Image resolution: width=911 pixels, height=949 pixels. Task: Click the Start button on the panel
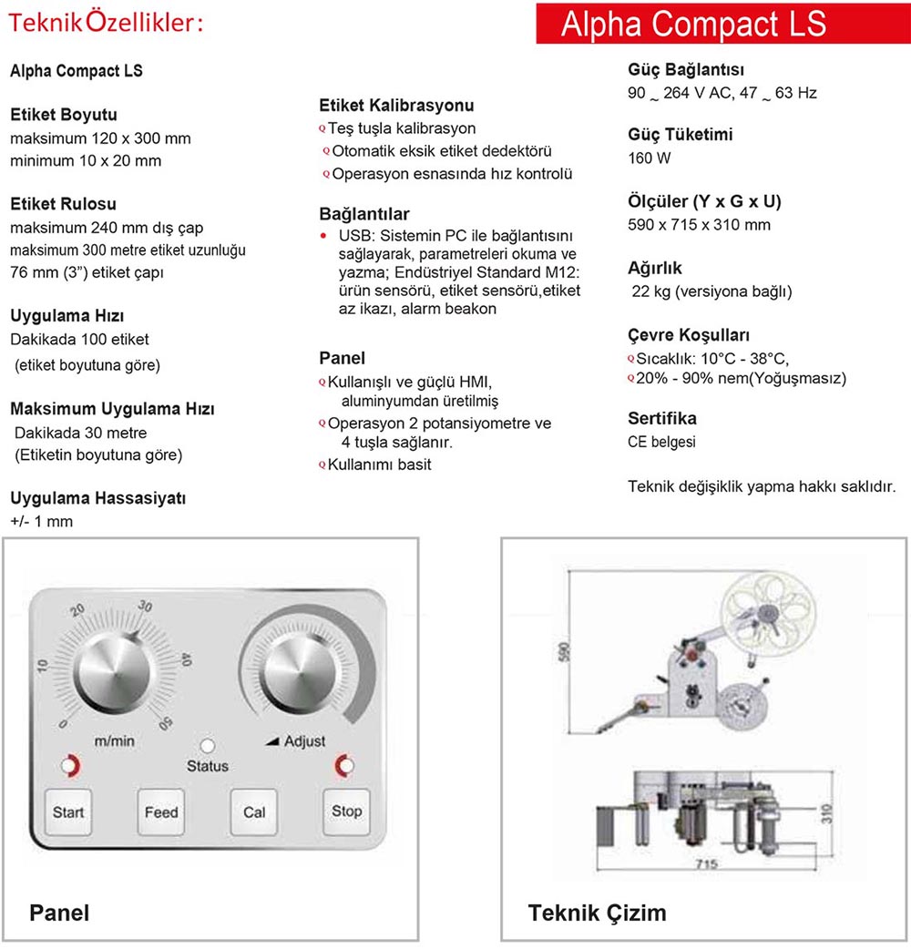pyautogui.click(x=68, y=811)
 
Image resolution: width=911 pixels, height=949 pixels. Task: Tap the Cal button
pyautogui.click(x=254, y=811)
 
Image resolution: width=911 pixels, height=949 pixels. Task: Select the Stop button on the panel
pyautogui.click(x=346, y=811)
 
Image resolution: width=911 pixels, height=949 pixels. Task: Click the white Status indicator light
pyautogui.click(x=208, y=746)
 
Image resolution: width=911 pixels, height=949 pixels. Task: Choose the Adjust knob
pyautogui.click(x=298, y=675)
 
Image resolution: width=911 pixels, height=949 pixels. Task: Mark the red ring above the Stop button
pyautogui.click(x=345, y=766)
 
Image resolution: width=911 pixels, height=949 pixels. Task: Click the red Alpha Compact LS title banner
pyautogui.click(x=693, y=24)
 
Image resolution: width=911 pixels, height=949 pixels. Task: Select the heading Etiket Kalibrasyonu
pyautogui.click(x=396, y=106)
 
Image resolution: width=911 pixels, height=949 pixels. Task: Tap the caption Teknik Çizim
pyautogui.click(x=597, y=913)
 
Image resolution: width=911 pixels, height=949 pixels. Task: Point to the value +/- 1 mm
pyautogui.click(x=42, y=522)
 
